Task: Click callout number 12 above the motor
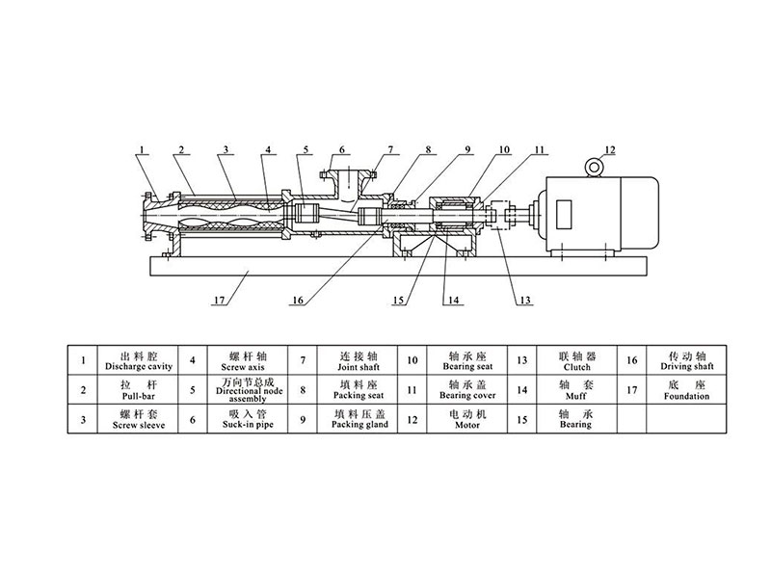point(610,150)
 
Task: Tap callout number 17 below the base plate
point(220,300)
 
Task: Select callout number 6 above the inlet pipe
point(342,150)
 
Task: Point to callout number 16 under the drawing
point(299,300)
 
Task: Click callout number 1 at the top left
point(142,150)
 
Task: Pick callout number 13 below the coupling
point(525,300)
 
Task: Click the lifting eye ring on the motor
point(595,168)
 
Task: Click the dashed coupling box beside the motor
point(499,214)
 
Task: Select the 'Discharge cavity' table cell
point(138,360)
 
